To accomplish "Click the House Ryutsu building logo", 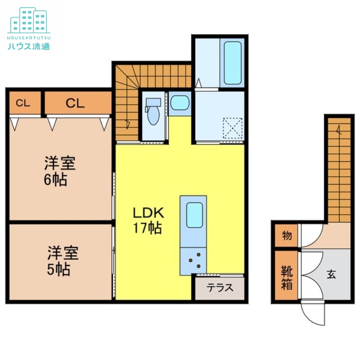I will pos(28,20).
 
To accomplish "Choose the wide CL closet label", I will pos(76,103).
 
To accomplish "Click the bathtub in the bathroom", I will pos(233,63).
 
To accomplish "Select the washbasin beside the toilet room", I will pos(180,103).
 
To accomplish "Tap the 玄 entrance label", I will pos(331,274).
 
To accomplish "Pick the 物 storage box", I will pos(286,235).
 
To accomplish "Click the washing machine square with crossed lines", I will pos(233,129).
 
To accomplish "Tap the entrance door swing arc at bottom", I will pos(314,313).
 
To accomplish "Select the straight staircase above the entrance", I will pos(339,169).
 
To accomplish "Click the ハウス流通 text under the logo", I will pos(28,45).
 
